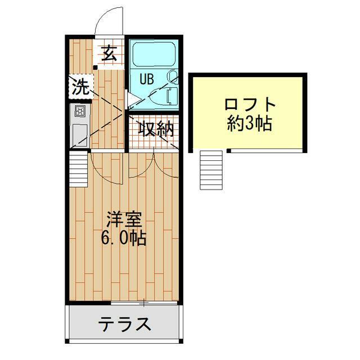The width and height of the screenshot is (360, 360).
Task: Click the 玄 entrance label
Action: click(x=109, y=53)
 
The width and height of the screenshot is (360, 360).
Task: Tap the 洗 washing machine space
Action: click(x=81, y=86)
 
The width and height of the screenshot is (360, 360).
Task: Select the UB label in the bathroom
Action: click(x=146, y=79)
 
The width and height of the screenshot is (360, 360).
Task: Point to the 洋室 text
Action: click(x=124, y=220)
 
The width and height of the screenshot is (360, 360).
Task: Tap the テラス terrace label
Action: click(x=125, y=324)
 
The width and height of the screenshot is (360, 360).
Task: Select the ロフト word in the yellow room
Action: click(x=250, y=105)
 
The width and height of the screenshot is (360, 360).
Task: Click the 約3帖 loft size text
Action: click(x=250, y=123)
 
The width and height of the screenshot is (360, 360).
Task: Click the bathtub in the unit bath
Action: click(x=152, y=54)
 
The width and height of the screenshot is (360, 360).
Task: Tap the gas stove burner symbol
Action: click(x=80, y=112)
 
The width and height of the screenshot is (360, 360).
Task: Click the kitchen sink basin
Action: click(x=80, y=136)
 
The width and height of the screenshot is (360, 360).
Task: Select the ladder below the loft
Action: click(x=211, y=170)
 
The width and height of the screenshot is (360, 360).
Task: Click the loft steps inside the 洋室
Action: click(x=79, y=169)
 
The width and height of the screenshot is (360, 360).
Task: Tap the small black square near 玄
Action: click(x=95, y=67)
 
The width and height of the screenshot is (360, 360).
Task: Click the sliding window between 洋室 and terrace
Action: click(x=145, y=303)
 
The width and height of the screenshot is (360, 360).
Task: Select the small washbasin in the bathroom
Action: click(x=172, y=76)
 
